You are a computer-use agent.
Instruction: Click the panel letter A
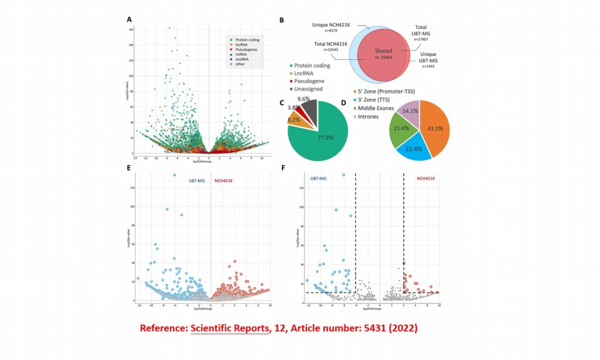coord(129,19)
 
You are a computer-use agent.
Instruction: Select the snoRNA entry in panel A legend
coord(242,58)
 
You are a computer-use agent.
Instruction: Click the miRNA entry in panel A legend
coord(241,54)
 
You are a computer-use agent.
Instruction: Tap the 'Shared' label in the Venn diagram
coord(383,51)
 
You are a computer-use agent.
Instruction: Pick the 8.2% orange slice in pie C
coord(293,119)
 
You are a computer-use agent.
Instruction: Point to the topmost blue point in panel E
coord(175,175)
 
